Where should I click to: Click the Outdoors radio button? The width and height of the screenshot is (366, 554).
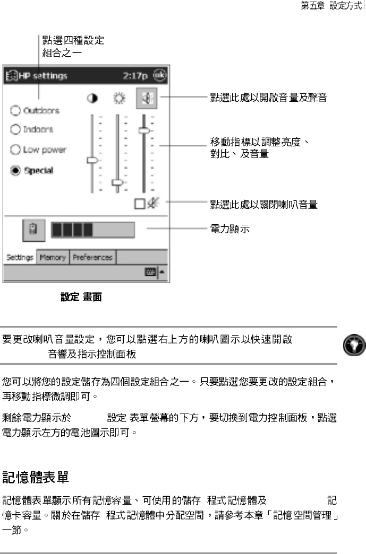click(15, 111)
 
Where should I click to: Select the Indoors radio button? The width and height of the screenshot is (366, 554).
click(15, 129)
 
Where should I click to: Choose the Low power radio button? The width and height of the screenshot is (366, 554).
click(15, 150)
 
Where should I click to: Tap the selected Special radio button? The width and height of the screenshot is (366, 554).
click(15, 171)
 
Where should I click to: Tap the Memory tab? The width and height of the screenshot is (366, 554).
click(52, 258)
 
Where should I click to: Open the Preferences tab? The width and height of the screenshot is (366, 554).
click(92, 258)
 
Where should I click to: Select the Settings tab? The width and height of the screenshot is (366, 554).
click(20, 258)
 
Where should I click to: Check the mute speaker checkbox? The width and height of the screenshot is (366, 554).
click(139, 203)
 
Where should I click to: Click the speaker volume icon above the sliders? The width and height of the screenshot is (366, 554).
click(146, 99)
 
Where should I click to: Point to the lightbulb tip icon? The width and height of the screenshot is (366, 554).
click(352, 344)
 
